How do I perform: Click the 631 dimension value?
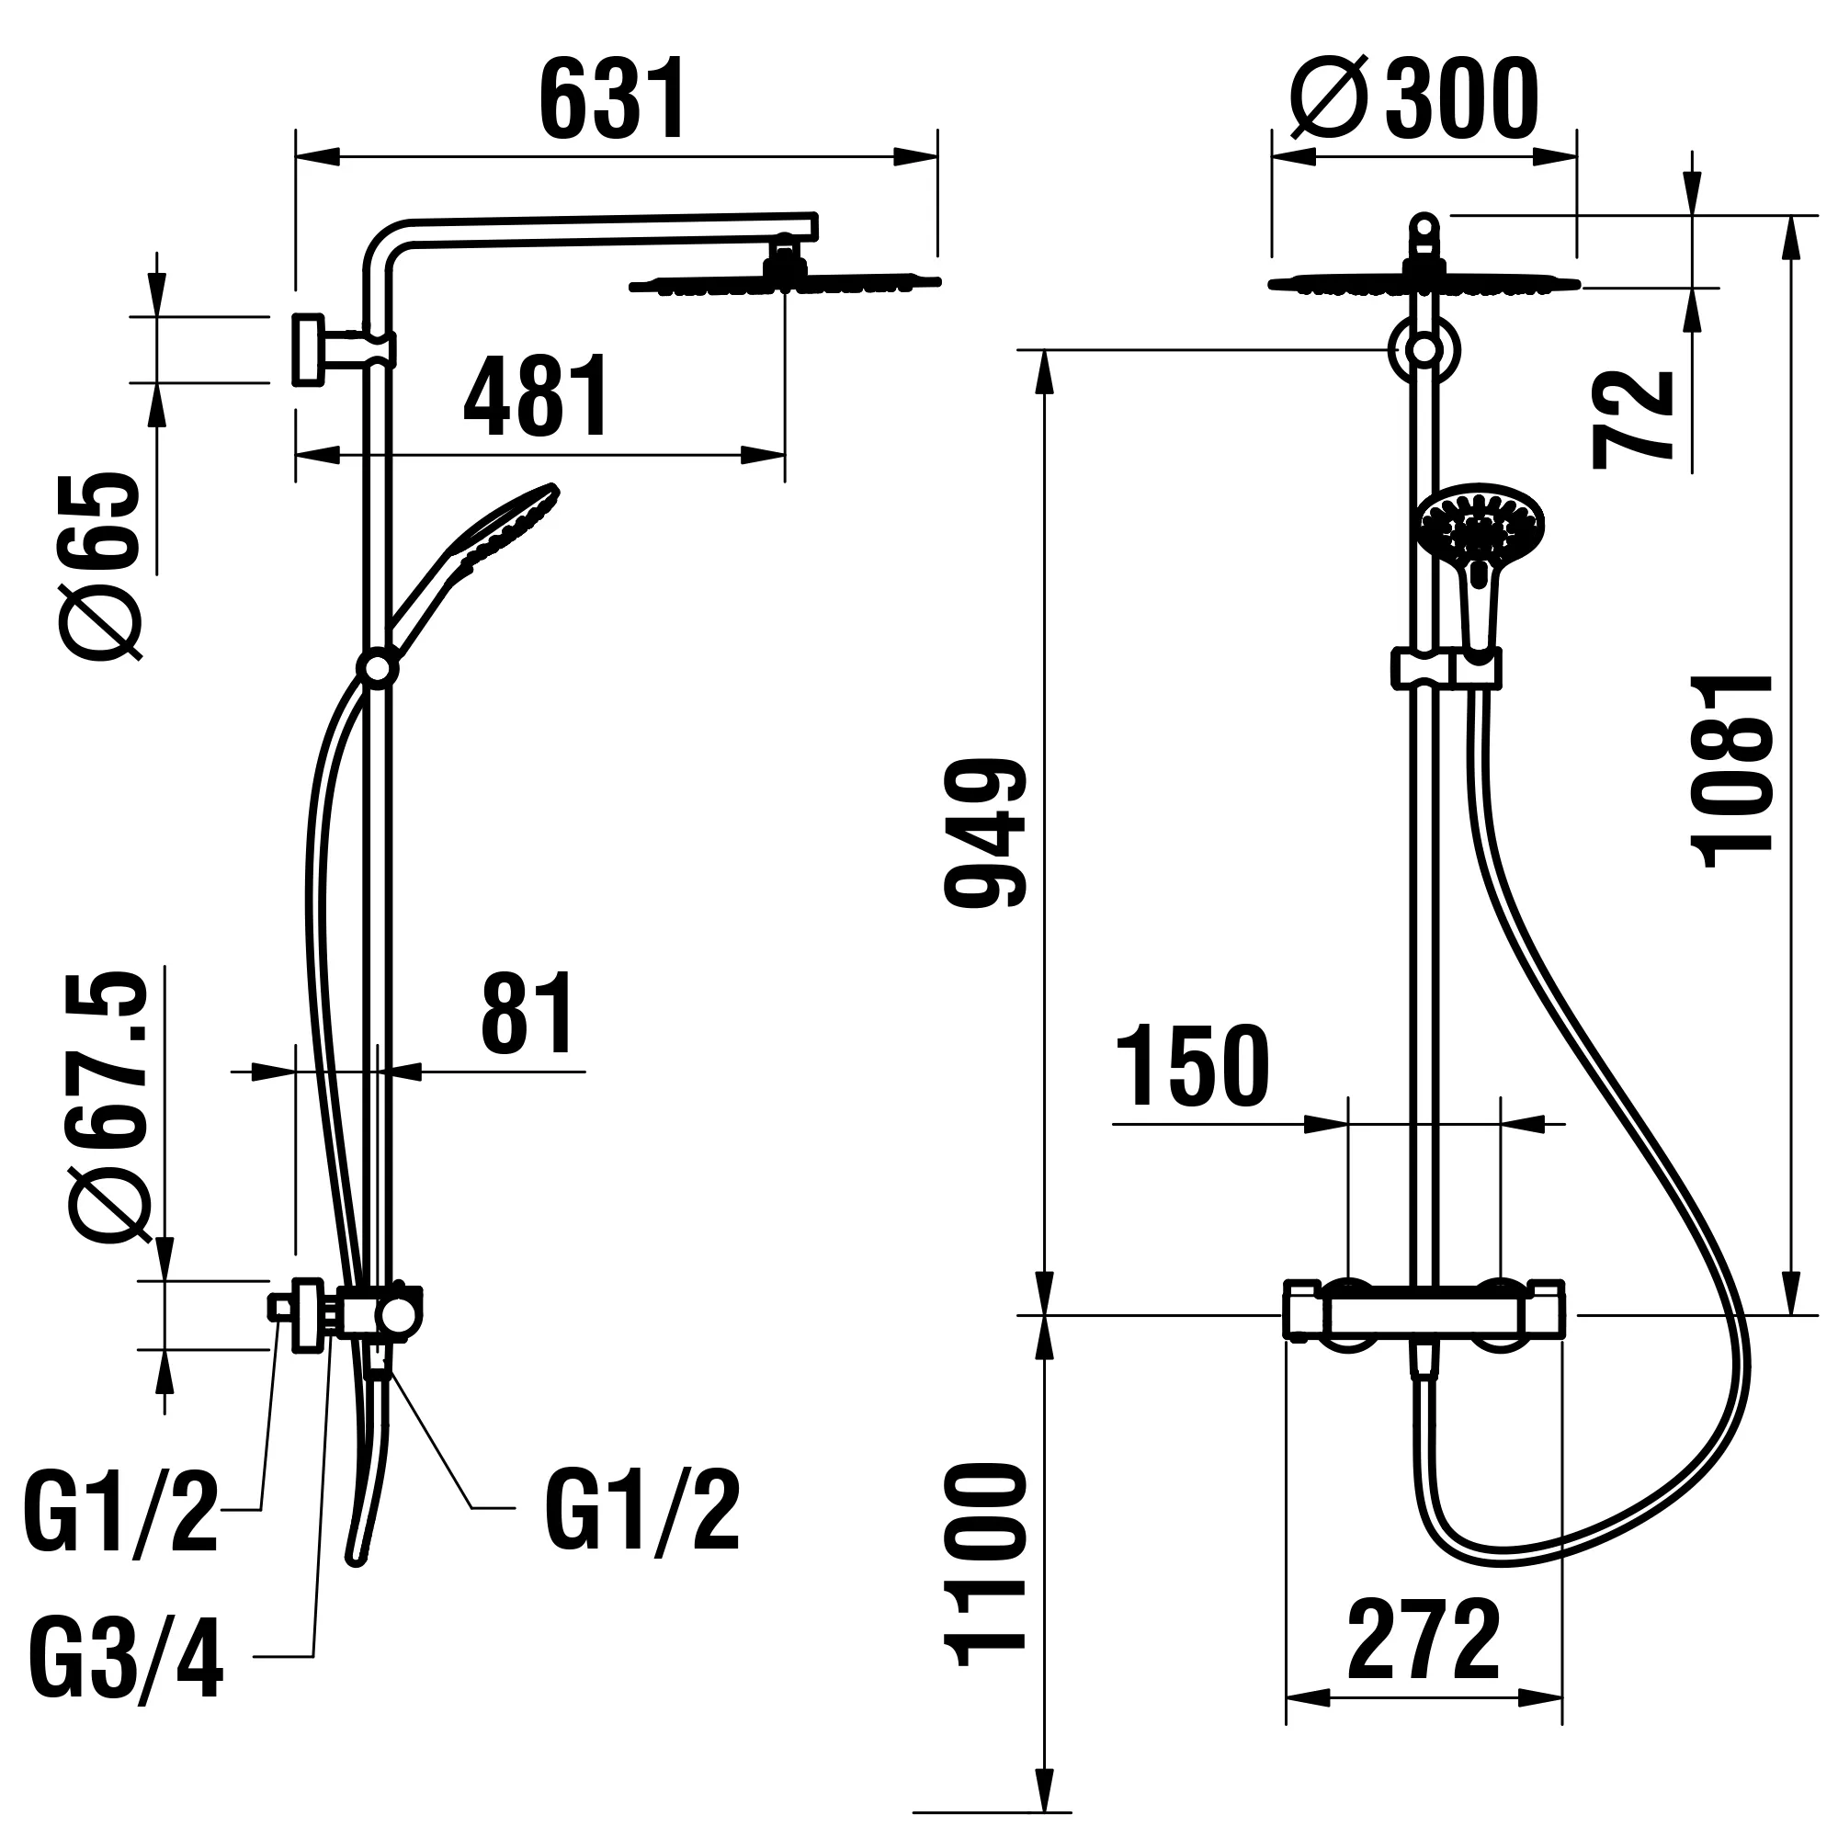[612, 100]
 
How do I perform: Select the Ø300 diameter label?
[1413, 98]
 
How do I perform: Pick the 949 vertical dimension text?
[985, 833]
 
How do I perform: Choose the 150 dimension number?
[1192, 1067]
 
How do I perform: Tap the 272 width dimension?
[1424, 1643]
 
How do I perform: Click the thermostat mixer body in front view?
[1424, 1316]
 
